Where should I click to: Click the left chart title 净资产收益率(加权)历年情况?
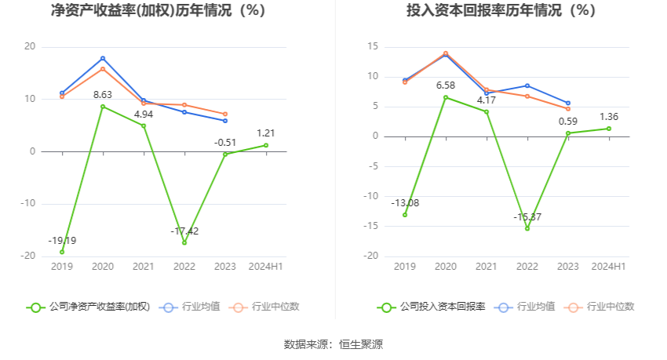tap(157, 11)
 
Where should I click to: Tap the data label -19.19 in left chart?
tap(62, 240)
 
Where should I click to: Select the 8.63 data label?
tap(103, 95)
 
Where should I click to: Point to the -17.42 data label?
tap(184, 231)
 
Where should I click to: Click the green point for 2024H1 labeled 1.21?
tap(266, 145)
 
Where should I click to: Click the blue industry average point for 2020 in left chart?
tap(103, 58)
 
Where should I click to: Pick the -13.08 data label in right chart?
tap(405, 203)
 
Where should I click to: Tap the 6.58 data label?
tap(446, 85)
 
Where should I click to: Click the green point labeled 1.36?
tap(609, 129)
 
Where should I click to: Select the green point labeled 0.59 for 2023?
tap(568, 133)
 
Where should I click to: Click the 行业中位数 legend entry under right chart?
tap(604, 307)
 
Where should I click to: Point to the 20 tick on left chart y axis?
tap(30, 46)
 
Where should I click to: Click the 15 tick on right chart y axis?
tap(373, 46)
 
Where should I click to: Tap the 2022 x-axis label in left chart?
tap(184, 267)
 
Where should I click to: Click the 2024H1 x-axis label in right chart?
tap(609, 267)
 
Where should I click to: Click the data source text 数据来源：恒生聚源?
tap(333, 344)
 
